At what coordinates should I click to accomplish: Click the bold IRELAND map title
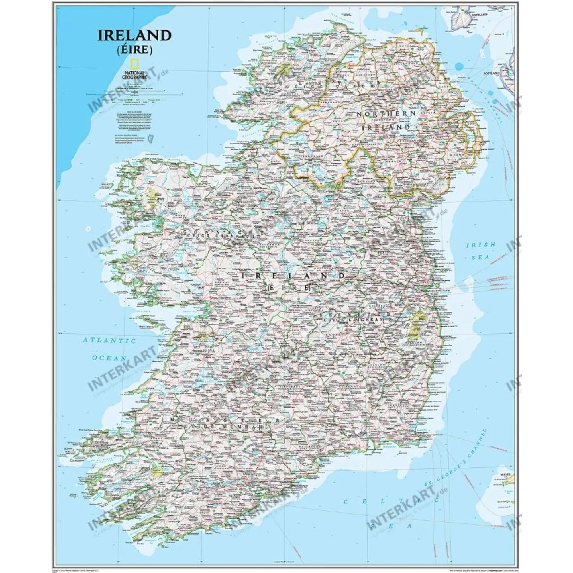pyautogui.click(x=135, y=36)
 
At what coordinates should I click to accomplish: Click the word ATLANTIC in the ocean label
pyautogui.click(x=109, y=340)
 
